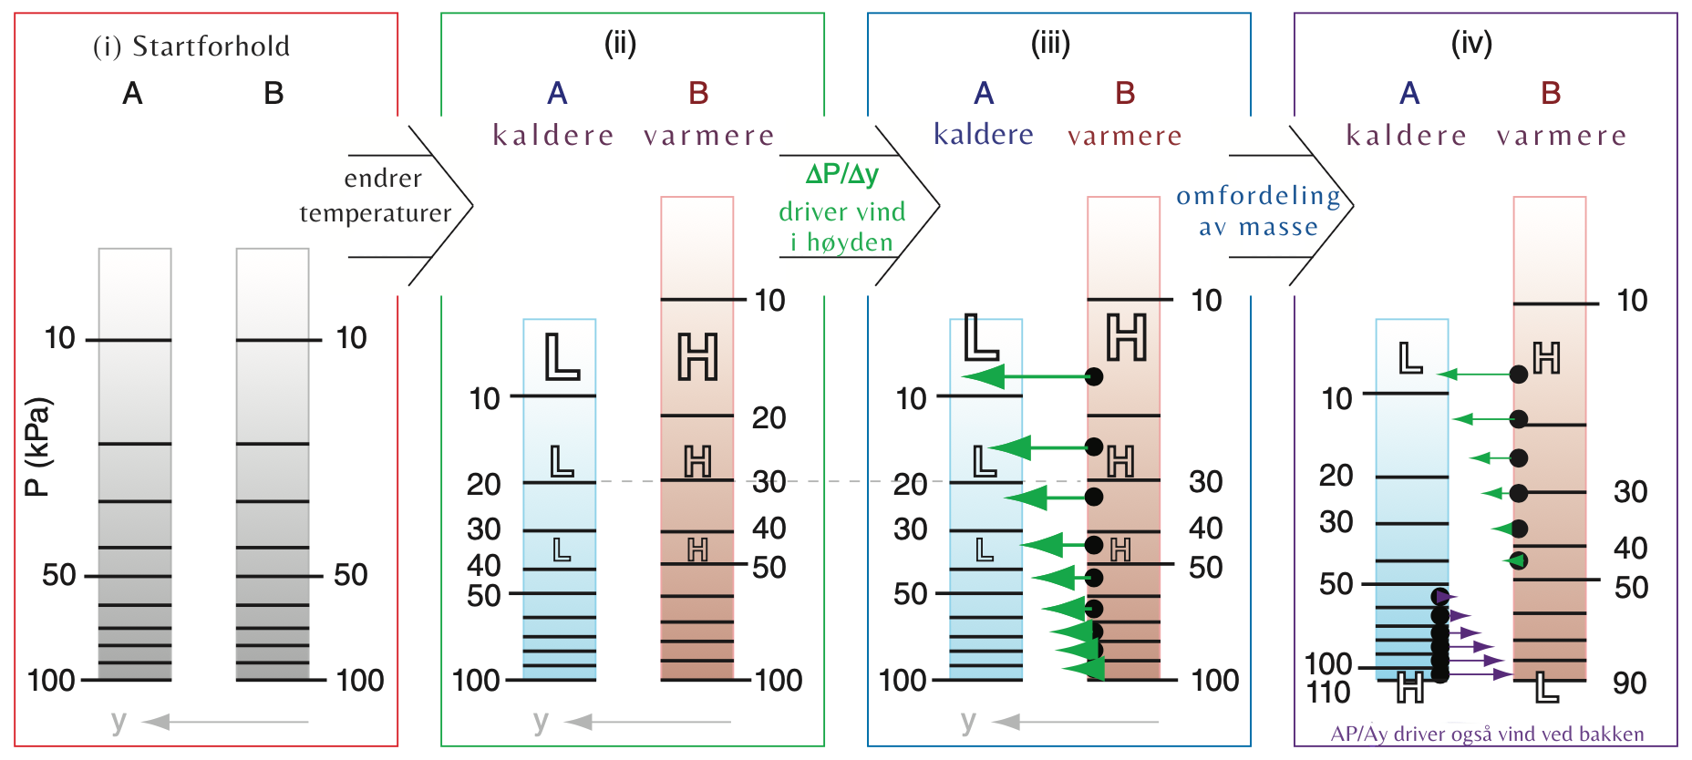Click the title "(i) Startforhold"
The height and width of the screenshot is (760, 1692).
191,46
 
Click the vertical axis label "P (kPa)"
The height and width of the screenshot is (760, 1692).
37,447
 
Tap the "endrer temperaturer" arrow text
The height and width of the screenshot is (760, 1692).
377,196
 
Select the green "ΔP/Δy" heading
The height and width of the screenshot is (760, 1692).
841,174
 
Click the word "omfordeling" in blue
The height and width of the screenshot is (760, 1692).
1258,196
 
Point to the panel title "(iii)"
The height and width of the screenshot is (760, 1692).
1050,43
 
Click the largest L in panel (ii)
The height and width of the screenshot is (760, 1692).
562,356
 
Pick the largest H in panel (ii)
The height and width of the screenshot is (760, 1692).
697,356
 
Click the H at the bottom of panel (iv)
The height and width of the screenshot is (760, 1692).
1410,687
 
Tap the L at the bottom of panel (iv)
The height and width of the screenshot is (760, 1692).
1547,687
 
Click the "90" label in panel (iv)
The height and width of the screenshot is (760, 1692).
1629,683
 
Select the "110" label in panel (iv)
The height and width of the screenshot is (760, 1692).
1328,693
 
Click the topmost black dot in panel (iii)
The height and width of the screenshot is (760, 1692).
1095,376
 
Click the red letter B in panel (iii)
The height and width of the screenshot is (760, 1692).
1125,93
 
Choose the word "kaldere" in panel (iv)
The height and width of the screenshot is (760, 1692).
1407,136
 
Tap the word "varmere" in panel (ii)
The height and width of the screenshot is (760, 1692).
708,136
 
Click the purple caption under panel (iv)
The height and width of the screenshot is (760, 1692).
1487,734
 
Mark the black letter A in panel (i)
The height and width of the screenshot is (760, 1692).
133,93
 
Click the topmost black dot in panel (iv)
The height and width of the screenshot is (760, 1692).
1519,374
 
